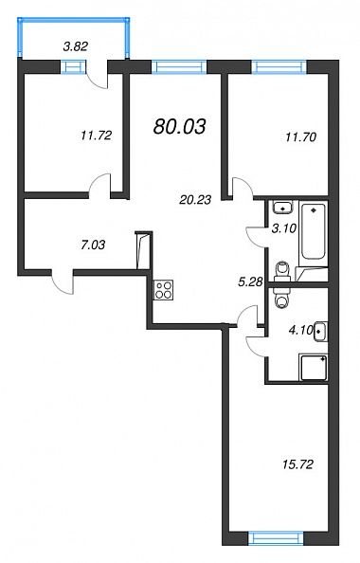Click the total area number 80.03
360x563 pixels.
(179, 126)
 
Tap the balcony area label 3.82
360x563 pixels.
(76, 46)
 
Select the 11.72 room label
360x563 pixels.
(97, 136)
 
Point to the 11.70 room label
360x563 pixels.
(300, 136)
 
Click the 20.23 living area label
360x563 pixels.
(195, 199)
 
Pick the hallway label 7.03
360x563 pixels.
(93, 245)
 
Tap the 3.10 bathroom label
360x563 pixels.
(283, 228)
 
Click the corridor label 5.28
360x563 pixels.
(251, 281)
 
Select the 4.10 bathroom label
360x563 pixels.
(300, 330)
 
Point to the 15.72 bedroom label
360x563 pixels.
(297, 464)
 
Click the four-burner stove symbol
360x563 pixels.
(164, 290)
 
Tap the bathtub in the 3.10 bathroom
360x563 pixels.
(314, 230)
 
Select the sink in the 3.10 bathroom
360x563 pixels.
(283, 207)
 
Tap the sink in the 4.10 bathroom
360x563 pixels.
(320, 332)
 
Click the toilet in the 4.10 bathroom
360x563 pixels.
(282, 298)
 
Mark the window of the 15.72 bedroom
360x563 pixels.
(276, 538)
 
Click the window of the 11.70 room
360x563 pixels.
(279, 66)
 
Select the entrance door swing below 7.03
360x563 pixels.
(63, 283)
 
